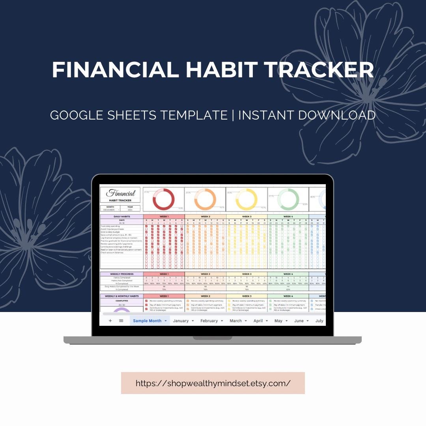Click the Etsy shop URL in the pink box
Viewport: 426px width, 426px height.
click(x=213, y=383)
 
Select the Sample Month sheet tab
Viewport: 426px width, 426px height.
click(x=147, y=321)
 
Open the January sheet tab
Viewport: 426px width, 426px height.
click(x=181, y=321)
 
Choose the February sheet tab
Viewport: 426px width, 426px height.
click(x=209, y=321)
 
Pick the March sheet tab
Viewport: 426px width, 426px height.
click(x=235, y=321)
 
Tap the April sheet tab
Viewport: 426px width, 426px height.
click(x=258, y=321)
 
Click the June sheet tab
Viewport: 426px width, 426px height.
click(x=299, y=321)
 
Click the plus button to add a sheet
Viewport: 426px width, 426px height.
click(x=110, y=321)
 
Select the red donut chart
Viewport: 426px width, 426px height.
click(x=163, y=199)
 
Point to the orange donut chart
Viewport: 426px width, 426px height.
click(x=205, y=199)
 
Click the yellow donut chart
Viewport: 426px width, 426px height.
click(x=247, y=199)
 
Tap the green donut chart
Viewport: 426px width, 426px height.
click(x=288, y=199)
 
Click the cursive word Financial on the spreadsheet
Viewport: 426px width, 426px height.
click(x=121, y=193)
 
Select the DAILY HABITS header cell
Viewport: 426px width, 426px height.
click(x=121, y=217)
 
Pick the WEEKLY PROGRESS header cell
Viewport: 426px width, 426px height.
click(x=121, y=274)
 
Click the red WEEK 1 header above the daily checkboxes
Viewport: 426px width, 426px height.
click(x=163, y=217)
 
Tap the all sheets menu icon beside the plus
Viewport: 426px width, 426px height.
click(x=121, y=321)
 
